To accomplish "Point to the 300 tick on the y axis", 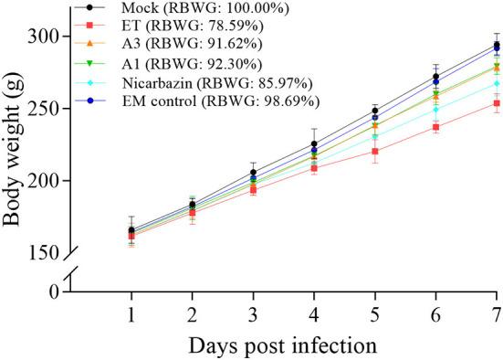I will tap(48, 36).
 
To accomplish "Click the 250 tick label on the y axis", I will tap(48, 108).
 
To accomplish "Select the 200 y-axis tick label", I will tap(48, 180).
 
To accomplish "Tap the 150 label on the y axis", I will tap(48, 252).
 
